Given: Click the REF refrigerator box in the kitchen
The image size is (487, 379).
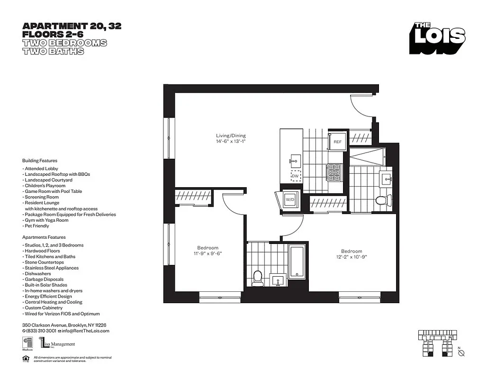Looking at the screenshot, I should click(337, 142).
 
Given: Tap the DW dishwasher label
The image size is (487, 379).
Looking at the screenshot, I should click(295, 176).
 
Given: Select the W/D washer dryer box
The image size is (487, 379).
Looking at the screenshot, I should click(289, 200).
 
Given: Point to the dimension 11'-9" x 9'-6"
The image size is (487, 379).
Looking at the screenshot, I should click(207, 253).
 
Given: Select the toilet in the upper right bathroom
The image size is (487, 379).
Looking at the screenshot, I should click(382, 200).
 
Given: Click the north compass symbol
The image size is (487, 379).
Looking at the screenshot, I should click(462, 352).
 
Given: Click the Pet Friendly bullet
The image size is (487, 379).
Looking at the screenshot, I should click(36, 226).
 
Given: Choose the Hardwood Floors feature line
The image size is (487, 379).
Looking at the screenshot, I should click(41, 251).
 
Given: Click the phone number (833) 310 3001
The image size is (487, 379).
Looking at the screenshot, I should click(41, 331).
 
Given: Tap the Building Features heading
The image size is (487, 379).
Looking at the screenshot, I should click(39, 161).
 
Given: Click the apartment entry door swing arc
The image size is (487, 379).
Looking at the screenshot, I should click(360, 105).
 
